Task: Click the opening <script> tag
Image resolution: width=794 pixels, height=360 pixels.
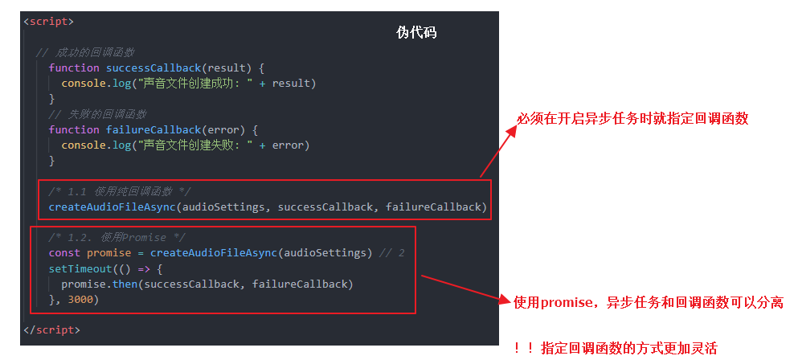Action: [48, 22]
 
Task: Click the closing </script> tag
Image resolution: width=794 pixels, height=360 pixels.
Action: [51, 330]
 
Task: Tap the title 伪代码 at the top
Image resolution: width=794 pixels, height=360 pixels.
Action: [417, 33]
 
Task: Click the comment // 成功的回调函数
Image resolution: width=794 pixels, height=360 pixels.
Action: [85, 53]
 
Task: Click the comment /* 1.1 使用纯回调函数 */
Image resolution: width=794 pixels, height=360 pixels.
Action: [120, 191]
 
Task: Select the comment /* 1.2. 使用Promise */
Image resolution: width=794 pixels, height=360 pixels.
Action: [117, 238]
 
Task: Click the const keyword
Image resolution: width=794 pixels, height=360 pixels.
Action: [64, 253]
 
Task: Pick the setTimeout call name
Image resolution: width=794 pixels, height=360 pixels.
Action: [79, 269]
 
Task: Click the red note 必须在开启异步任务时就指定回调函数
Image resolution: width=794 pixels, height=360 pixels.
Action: [632, 119]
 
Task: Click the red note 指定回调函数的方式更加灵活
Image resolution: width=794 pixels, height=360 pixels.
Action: [629, 348]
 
